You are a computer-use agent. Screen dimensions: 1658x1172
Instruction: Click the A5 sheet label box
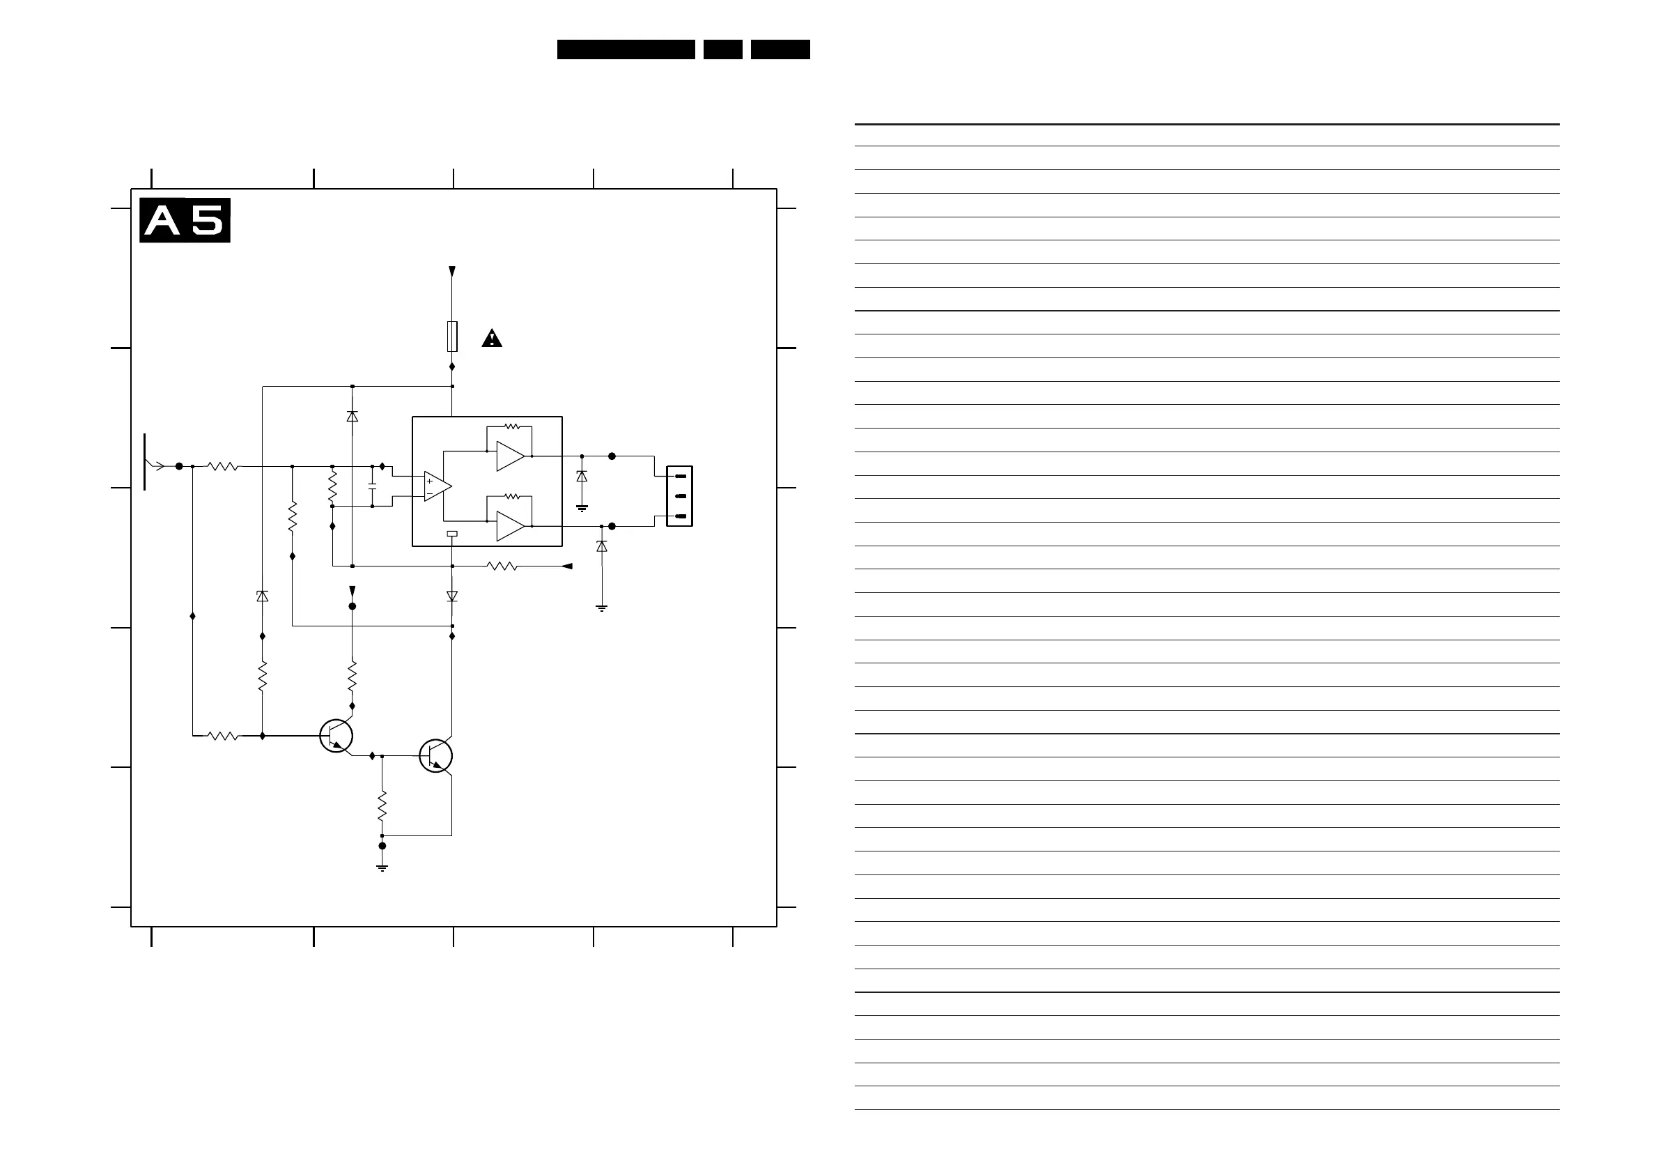click(185, 220)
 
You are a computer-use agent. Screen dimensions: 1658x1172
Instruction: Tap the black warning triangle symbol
click(492, 339)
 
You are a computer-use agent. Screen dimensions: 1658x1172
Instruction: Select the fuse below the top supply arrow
click(452, 337)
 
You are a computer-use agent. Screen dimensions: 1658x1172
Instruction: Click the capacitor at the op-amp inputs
click(372, 486)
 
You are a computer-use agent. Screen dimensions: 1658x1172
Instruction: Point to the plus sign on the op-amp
click(430, 481)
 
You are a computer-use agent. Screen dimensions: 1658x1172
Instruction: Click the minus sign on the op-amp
click(430, 493)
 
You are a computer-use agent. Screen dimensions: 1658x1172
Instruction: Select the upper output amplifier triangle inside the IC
click(510, 456)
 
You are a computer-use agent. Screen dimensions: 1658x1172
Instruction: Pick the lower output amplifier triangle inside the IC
click(510, 527)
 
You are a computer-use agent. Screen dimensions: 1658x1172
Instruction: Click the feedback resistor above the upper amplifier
click(511, 426)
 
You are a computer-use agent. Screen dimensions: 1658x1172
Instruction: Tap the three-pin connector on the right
click(679, 496)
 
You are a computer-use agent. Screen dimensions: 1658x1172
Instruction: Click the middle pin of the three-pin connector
click(679, 496)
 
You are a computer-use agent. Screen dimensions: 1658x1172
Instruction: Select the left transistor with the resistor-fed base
click(336, 736)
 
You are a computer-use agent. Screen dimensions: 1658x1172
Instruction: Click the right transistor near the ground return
click(435, 756)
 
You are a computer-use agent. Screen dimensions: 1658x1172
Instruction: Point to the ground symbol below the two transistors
click(382, 868)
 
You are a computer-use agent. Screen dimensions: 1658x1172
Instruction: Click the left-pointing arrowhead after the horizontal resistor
click(568, 566)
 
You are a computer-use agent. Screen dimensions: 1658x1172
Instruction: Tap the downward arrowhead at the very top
click(452, 272)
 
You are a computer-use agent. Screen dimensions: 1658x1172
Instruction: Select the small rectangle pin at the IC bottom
click(452, 534)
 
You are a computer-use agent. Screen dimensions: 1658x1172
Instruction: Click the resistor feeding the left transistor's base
click(223, 736)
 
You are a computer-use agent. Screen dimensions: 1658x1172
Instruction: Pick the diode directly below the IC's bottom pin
click(452, 596)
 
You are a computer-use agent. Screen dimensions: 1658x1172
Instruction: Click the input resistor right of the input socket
click(223, 466)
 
